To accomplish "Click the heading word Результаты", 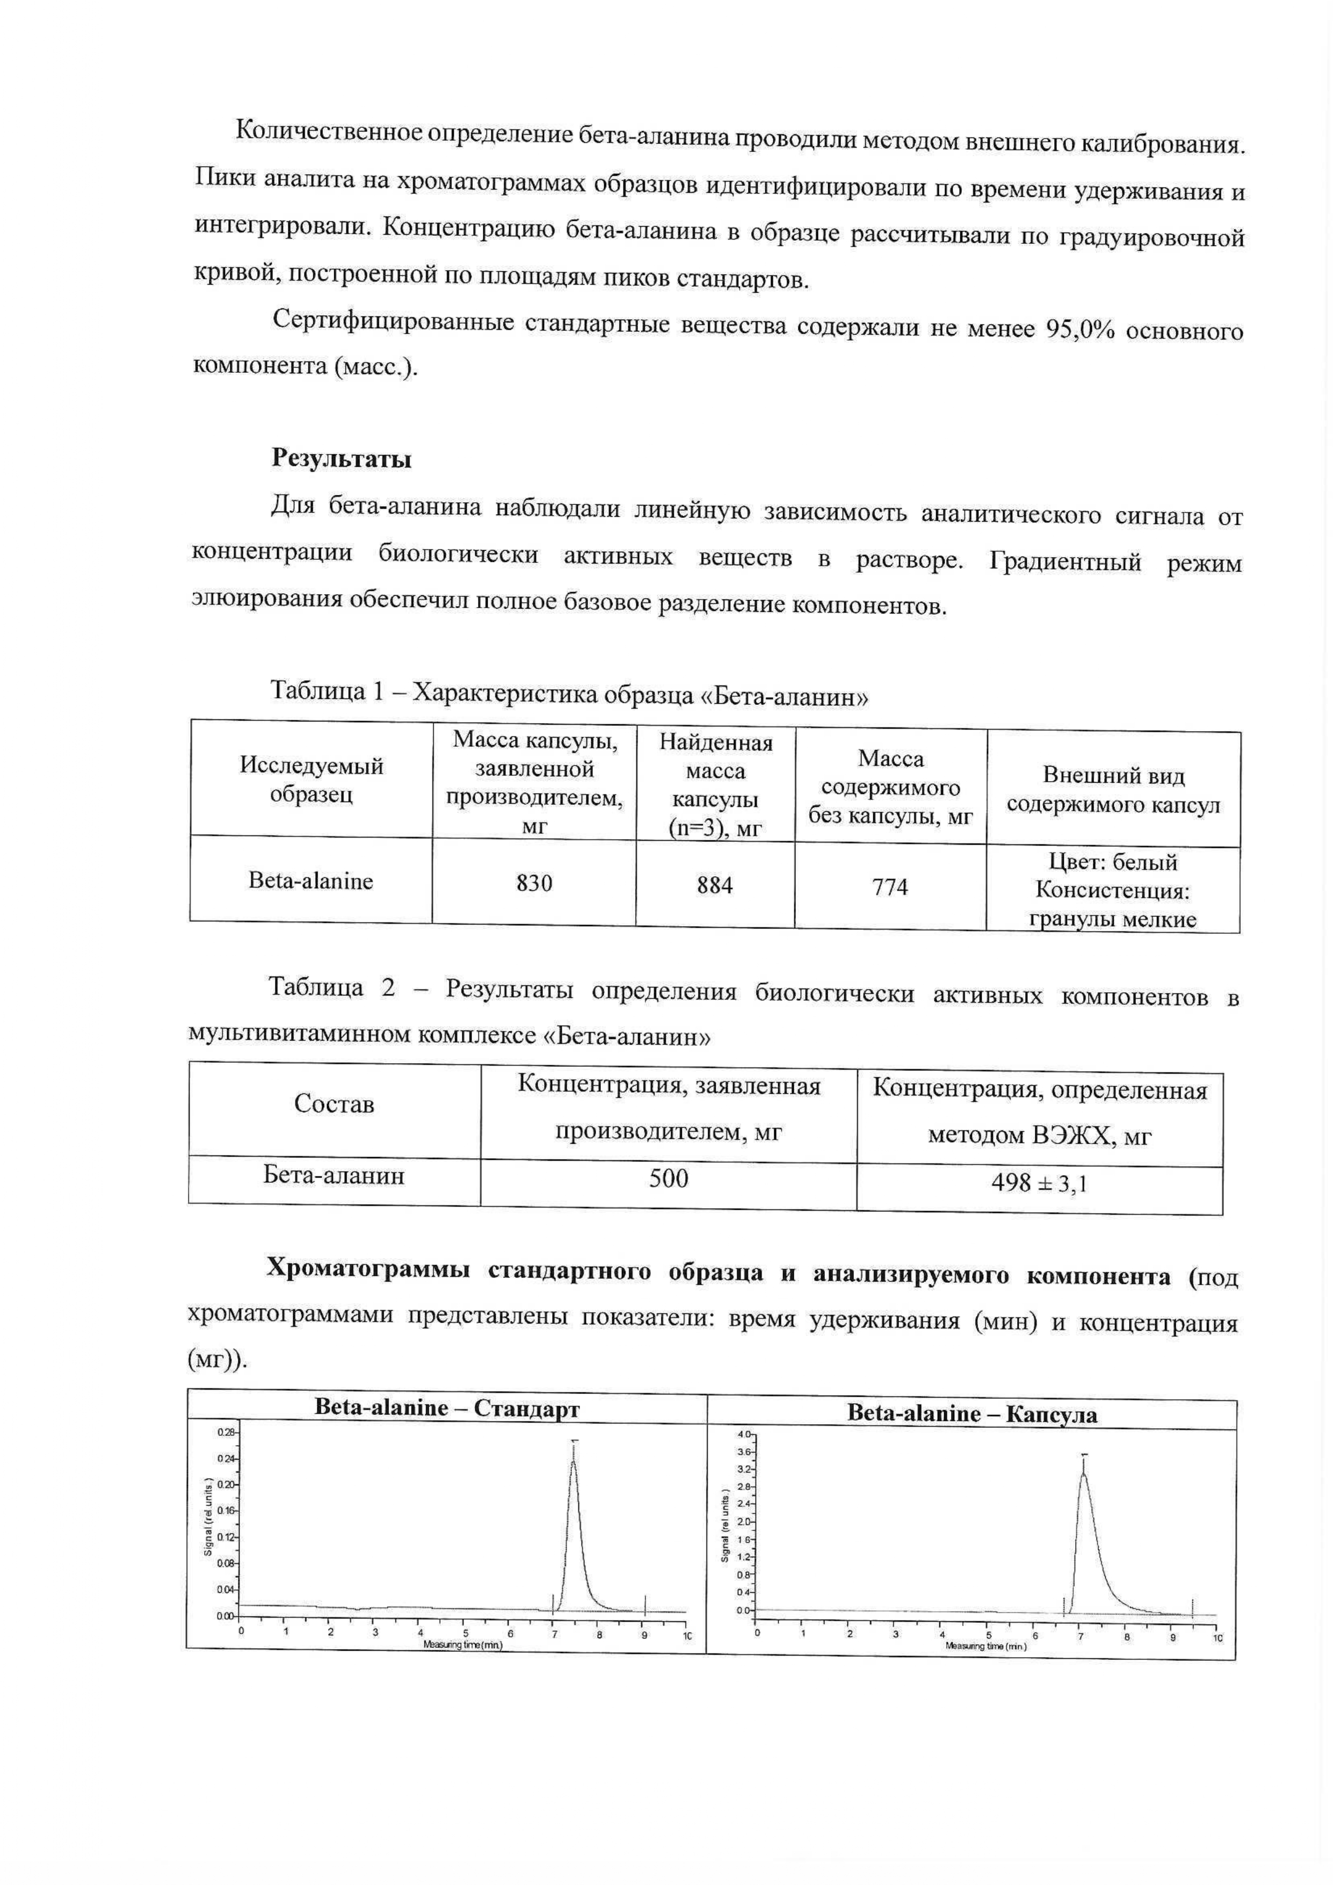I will pos(341,459).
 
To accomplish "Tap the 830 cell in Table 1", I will pos(534,883).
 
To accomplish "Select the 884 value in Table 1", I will pos(715,885).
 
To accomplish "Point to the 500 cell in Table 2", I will pos(668,1179).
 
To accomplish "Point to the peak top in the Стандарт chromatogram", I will pos(574,1463).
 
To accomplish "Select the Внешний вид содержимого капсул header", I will pos(1113,790).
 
